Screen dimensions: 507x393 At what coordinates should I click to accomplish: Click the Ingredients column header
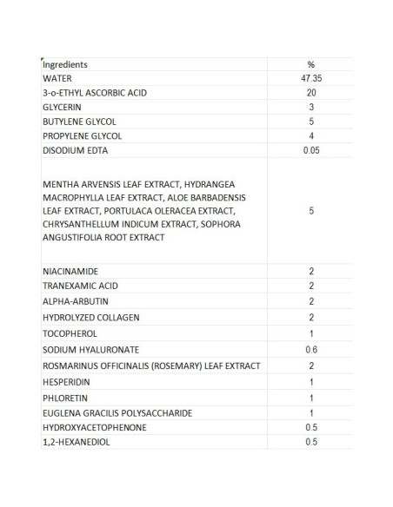tap(65, 64)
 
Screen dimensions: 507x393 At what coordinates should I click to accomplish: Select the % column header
tap(310, 64)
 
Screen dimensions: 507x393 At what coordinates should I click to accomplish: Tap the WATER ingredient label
tap(57, 78)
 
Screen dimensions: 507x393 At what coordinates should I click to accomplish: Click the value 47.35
tap(310, 78)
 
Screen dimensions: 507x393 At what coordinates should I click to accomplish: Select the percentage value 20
tap(310, 92)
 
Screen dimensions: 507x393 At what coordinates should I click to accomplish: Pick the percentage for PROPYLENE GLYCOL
tap(310, 136)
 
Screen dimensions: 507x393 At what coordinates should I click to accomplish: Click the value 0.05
tap(310, 150)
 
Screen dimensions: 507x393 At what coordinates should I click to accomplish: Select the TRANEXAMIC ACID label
tap(80, 286)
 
